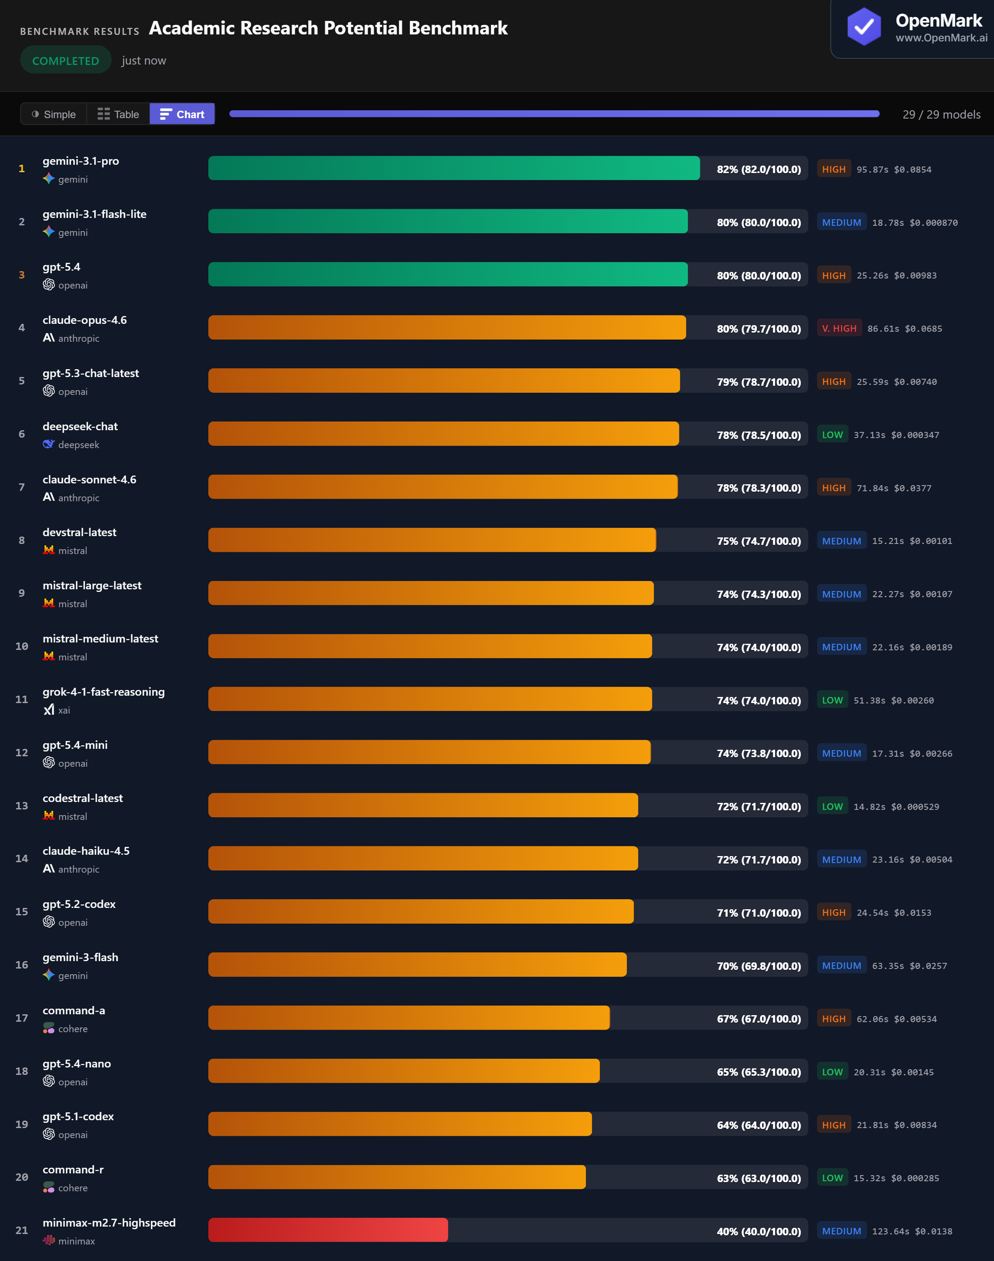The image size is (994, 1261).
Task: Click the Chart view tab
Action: point(182,114)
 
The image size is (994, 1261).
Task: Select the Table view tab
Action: point(118,114)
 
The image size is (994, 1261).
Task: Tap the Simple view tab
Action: point(54,114)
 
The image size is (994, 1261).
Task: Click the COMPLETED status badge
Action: point(65,61)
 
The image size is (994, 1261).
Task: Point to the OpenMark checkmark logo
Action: point(864,26)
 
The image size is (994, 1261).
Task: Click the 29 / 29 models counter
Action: point(941,114)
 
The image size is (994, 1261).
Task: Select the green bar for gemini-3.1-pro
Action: point(453,168)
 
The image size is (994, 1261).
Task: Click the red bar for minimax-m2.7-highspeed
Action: point(328,1230)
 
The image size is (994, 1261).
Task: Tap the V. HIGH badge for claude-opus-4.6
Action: point(839,328)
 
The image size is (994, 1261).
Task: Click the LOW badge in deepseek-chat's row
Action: point(832,435)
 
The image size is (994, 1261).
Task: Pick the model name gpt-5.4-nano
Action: point(77,1063)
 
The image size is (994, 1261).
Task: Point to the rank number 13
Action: point(21,806)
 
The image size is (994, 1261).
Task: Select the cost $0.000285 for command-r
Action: point(915,1178)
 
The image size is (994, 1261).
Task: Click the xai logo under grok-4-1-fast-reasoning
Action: point(49,709)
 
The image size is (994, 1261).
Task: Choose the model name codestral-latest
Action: point(83,798)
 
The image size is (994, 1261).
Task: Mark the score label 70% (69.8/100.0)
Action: point(758,965)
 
